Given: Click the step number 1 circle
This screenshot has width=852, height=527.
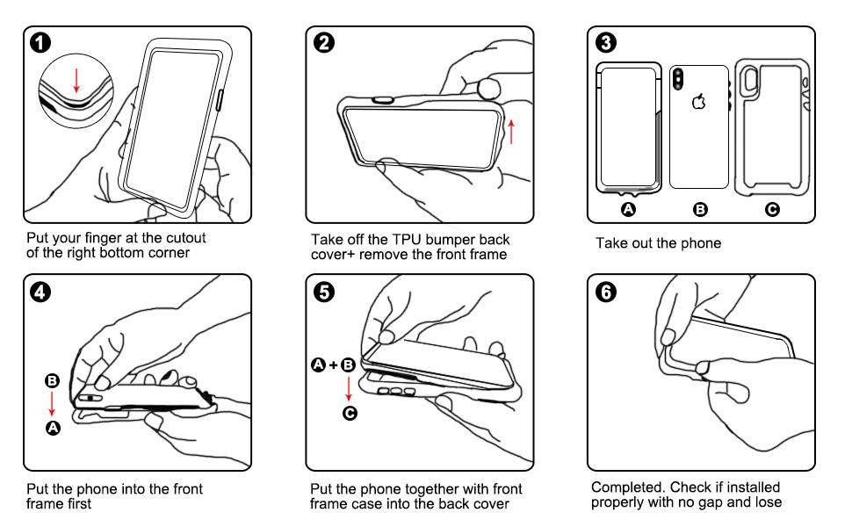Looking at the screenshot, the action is pyautogui.click(x=40, y=42).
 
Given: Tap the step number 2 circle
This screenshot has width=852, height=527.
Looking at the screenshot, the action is pyautogui.click(x=324, y=42).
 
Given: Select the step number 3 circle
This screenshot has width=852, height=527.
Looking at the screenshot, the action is pyautogui.click(x=606, y=42).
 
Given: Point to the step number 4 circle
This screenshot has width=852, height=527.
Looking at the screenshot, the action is pyautogui.click(x=40, y=292).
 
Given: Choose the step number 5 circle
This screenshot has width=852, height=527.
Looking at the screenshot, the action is pyautogui.click(x=324, y=292).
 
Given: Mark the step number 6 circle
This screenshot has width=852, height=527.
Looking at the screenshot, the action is pyautogui.click(x=606, y=292).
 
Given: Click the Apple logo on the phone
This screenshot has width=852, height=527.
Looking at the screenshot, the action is pyautogui.click(x=699, y=101).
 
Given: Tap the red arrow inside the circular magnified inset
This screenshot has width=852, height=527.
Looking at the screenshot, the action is pyautogui.click(x=76, y=81).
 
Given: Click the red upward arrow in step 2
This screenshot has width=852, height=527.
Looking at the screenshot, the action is pyautogui.click(x=511, y=132).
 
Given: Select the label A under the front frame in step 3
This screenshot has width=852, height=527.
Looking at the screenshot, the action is pyautogui.click(x=628, y=209).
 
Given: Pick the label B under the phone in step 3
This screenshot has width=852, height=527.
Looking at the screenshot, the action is pyautogui.click(x=700, y=209).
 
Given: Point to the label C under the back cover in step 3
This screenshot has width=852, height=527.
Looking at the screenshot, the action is pyautogui.click(x=772, y=209).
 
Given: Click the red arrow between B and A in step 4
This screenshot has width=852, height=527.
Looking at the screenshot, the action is pyautogui.click(x=52, y=404).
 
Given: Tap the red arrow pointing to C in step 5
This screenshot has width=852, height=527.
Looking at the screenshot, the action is pyautogui.click(x=349, y=389).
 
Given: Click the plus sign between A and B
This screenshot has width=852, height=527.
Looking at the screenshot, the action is pyautogui.click(x=333, y=365).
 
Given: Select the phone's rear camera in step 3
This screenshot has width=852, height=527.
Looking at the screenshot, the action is pyautogui.click(x=678, y=79).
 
